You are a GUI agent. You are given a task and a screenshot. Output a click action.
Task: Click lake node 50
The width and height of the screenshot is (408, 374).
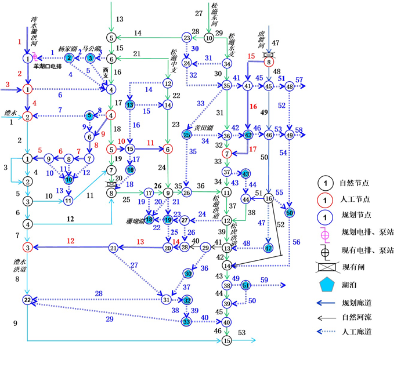click(x=290, y=212)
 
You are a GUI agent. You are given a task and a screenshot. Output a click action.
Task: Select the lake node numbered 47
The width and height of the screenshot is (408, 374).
click(x=268, y=248)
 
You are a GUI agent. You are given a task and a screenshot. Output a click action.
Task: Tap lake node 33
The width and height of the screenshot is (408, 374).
click(x=186, y=321)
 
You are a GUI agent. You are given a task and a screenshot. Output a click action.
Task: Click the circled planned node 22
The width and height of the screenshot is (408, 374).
click(x=27, y=299)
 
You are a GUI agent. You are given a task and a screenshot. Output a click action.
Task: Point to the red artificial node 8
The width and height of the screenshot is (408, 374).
click(x=268, y=62)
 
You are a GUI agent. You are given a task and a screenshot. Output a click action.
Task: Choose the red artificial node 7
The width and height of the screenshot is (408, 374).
click(x=227, y=153)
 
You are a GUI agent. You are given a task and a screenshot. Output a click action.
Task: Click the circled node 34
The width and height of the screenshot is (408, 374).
click(x=227, y=64)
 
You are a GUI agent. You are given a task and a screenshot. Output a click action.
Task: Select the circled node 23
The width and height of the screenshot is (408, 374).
click(x=186, y=38)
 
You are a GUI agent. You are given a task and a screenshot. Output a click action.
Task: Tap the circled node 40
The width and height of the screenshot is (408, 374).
click(x=227, y=322)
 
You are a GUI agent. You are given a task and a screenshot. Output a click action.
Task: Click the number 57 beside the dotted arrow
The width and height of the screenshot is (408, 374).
click(x=299, y=80)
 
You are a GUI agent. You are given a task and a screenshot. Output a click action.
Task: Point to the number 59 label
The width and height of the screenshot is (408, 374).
click(x=264, y=280)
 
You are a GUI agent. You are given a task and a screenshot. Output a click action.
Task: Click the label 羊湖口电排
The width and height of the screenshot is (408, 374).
click(x=51, y=67)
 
